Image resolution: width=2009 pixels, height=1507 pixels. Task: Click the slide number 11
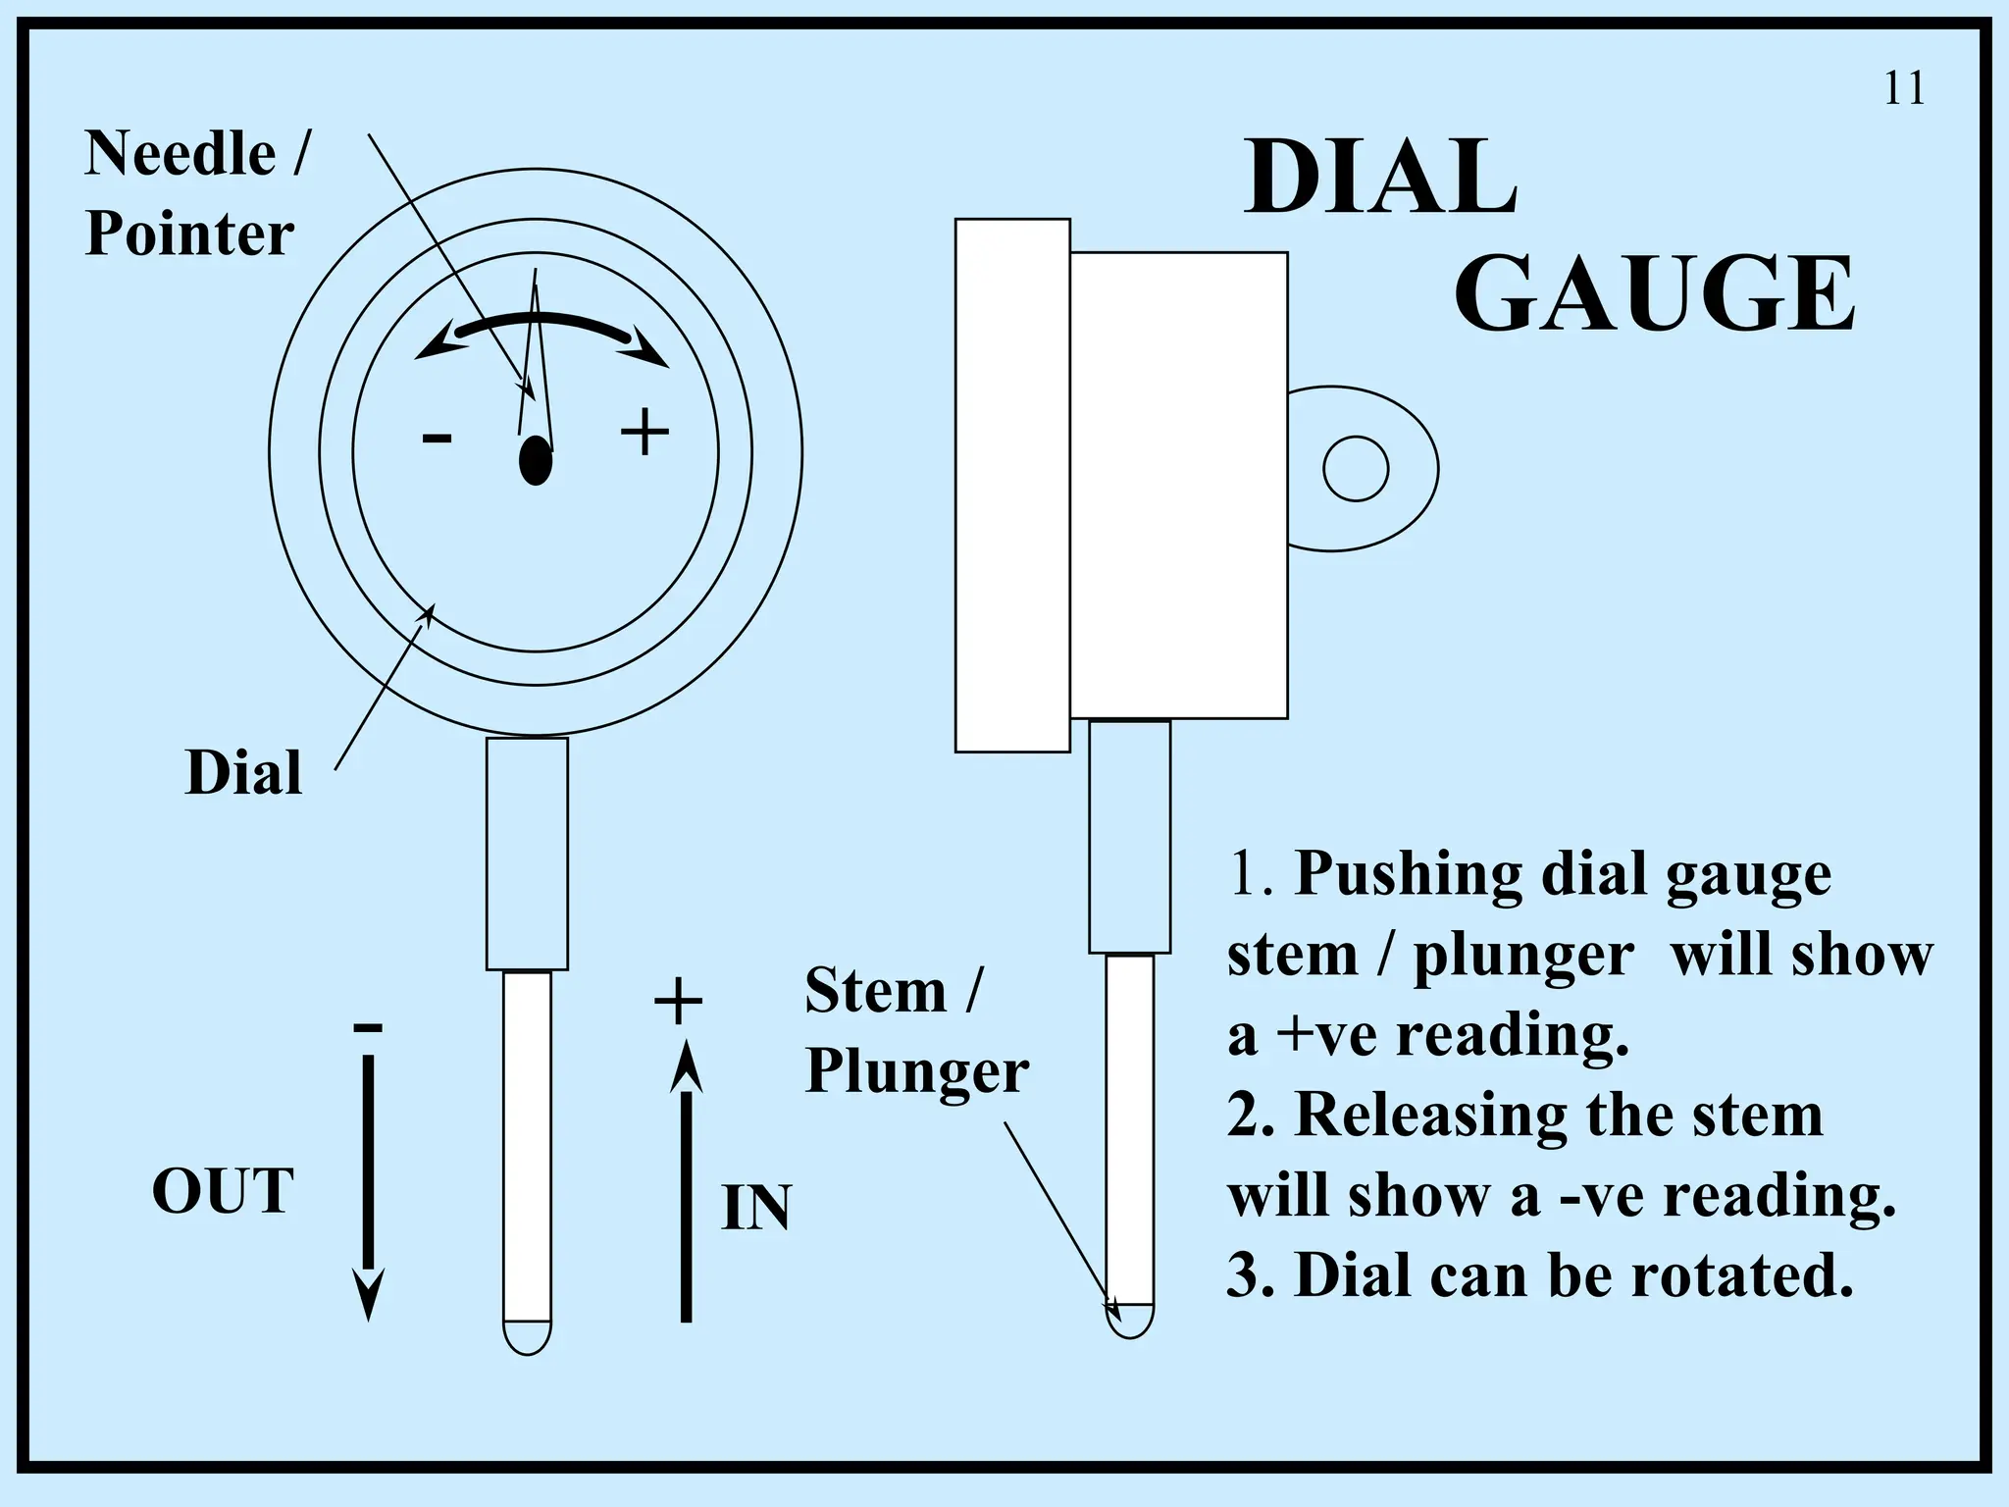click(x=1904, y=89)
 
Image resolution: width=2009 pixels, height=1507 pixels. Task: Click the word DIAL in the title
click(x=1381, y=179)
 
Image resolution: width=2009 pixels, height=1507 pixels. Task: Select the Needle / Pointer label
click(x=194, y=193)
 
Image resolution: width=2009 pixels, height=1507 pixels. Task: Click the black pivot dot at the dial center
click(x=536, y=458)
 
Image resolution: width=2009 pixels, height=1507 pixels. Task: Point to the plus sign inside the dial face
click(x=644, y=433)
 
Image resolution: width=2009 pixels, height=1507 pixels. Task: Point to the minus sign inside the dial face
click(x=437, y=438)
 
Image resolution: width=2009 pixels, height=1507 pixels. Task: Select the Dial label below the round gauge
click(x=243, y=773)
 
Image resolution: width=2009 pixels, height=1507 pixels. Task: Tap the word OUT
click(x=223, y=1191)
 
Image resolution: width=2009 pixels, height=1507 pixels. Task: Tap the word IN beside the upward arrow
click(x=756, y=1208)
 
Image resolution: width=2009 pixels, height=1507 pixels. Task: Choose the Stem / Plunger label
click(x=915, y=1030)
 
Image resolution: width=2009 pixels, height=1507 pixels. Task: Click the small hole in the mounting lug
click(x=1356, y=469)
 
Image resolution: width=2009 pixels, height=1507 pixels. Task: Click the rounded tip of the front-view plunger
click(x=528, y=1336)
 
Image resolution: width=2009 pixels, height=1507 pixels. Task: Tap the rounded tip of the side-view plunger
click(x=1130, y=1321)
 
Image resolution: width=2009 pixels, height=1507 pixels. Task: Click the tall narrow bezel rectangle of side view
click(x=1012, y=485)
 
